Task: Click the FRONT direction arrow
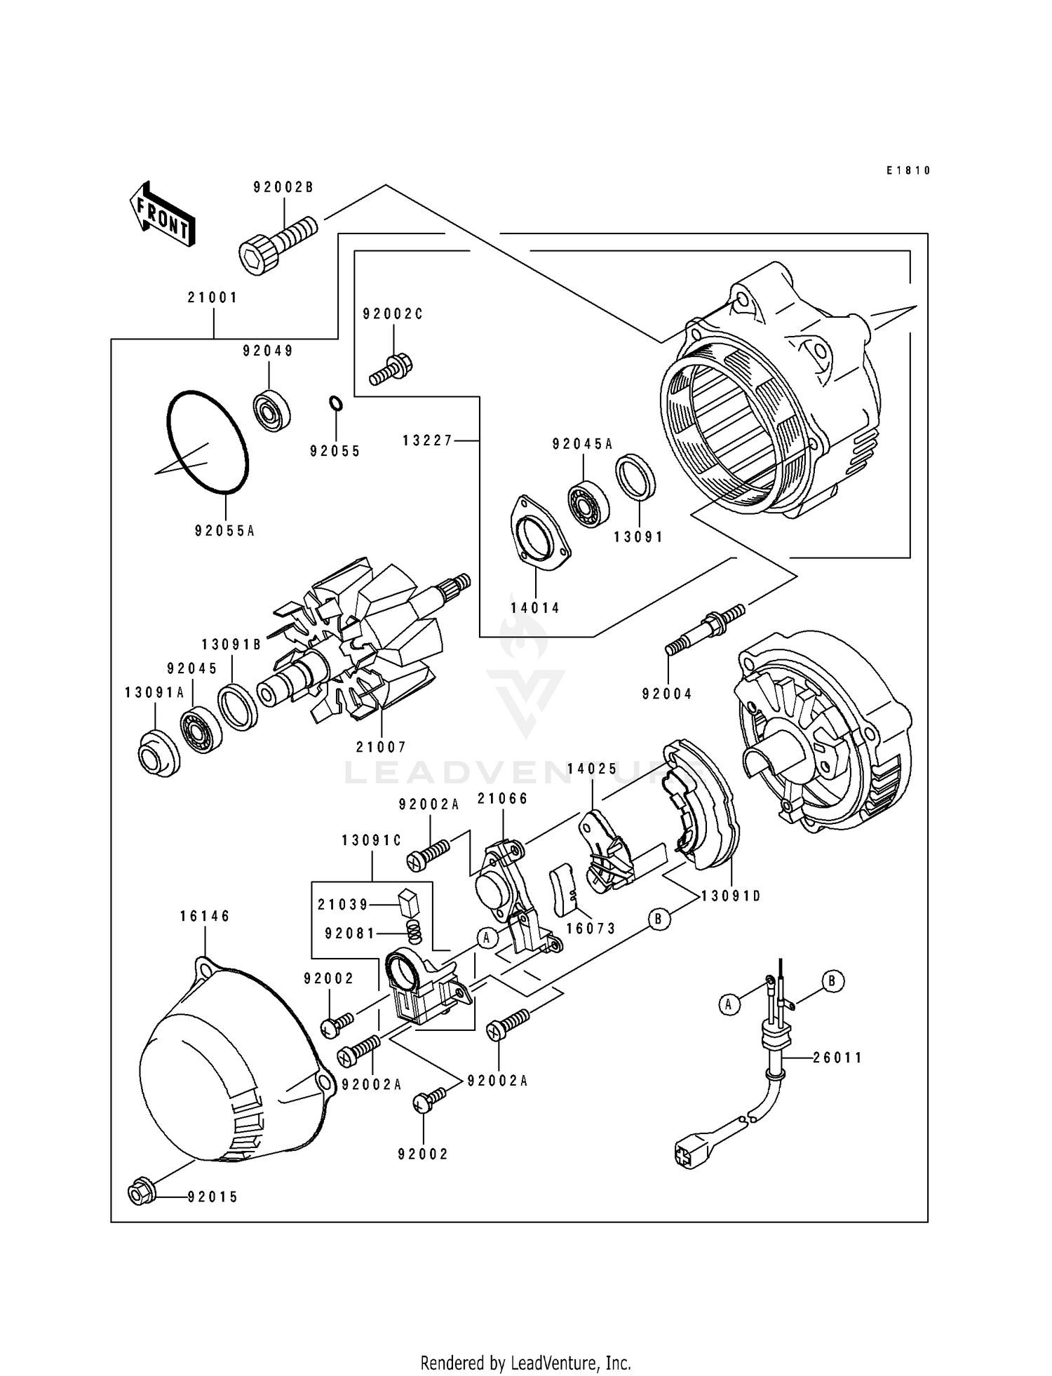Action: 162,214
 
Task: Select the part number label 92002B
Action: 283,188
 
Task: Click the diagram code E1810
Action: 908,170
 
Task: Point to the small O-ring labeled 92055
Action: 336,404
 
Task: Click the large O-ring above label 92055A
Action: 208,442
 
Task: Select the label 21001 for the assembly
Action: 213,297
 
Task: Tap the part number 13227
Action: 428,440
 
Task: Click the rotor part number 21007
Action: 381,747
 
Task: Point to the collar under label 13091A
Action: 159,754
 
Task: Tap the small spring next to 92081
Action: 415,932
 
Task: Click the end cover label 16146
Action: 205,916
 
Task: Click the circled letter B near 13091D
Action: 658,919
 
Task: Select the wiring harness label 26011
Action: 837,1057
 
